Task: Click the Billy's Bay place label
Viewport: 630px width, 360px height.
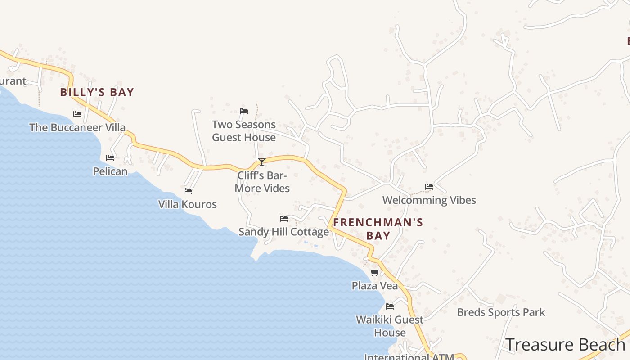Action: pyautogui.click(x=97, y=92)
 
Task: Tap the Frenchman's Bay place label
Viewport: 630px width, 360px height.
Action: pyautogui.click(x=378, y=229)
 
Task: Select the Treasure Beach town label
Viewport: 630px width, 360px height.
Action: pyautogui.click(x=566, y=345)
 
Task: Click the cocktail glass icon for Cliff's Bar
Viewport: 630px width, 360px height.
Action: pyautogui.click(x=262, y=162)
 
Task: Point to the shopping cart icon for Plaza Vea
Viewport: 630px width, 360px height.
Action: pyautogui.click(x=375, y=272)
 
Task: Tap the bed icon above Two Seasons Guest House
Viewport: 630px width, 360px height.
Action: pyautogui.click(x=244, y=111)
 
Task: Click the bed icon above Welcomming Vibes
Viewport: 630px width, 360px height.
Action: pyautogui.click(x=429, y=187)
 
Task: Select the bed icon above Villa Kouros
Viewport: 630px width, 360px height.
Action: pyautogui.click(x=188, y=191)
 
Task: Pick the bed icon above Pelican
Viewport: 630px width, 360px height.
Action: pyautogui.click(x=110, y=158)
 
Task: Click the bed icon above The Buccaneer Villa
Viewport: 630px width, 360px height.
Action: pyautogui.click(x=77, y=114)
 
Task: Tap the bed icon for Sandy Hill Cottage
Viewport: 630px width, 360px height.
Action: pyautogui.click(x=284, y=219)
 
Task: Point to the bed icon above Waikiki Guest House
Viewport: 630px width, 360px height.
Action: pyautogui.click(x=390, y=306)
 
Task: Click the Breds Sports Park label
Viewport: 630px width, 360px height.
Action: pyautogui.click(x=501, y=312)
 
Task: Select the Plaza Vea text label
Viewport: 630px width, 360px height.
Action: pyautogui.click(x=375, y=286)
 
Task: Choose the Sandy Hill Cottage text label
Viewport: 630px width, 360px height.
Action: pyautogui.click(x=283, y=232)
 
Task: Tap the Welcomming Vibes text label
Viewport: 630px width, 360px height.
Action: pyautogui.click(x=429, y=200)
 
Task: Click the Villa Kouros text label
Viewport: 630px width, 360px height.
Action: pyautogui.click(x=188, y=204)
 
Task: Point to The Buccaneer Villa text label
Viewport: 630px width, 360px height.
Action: pyautogui.click(x=77, y=127)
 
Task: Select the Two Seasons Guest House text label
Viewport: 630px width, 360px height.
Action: pyautogui.click(x=244, y=131)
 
